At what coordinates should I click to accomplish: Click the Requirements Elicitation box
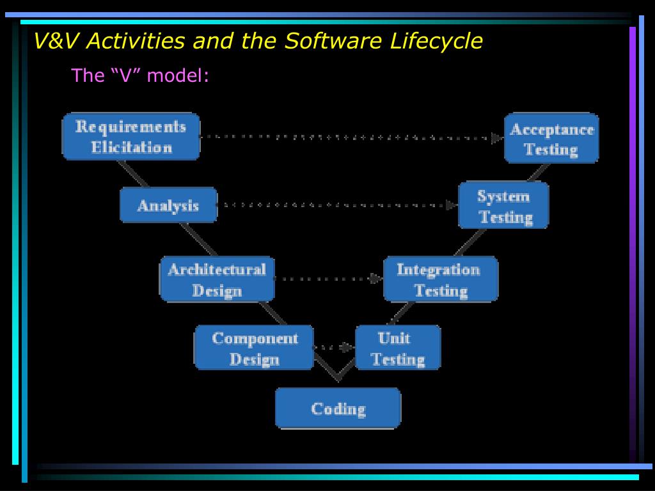tap(131, 137)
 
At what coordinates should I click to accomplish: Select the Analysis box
tap(168, 205)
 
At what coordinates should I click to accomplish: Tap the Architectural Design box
tap(217, 279)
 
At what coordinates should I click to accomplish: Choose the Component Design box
tap(254, 348)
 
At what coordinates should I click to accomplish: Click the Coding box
tap(338, 408)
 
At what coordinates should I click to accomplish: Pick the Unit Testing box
tap(398, 348)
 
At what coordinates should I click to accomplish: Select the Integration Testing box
tap(440, 279)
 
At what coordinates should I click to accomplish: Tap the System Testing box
tap(503, 205)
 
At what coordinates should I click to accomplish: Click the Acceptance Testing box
tap(551, 139)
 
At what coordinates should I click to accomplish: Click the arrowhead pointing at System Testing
tap(452, 205)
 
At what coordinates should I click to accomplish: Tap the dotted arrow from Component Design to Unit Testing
tap(333, 348)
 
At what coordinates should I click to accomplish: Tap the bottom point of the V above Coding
tap(338, 379)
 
